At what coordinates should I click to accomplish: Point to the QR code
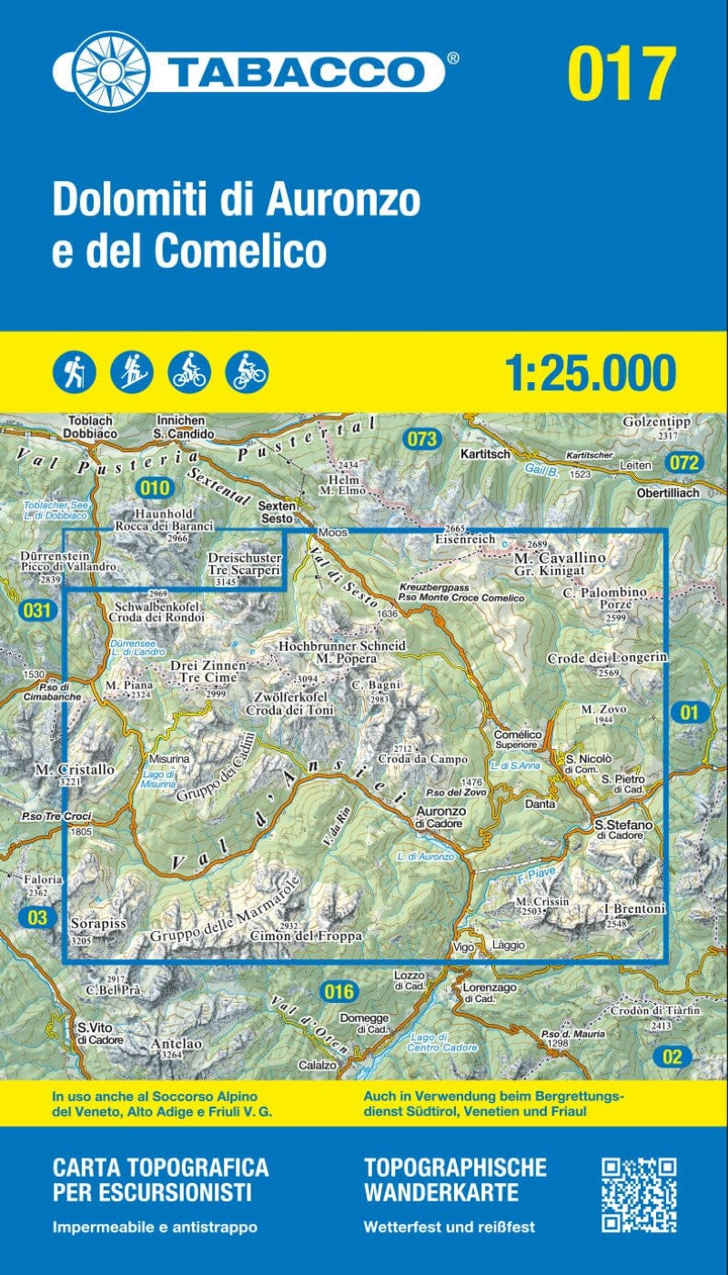[639, 1195]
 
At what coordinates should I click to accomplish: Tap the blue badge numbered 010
[156, 488]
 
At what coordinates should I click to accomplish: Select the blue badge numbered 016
[339, 991]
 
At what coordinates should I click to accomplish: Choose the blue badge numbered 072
[684, 463]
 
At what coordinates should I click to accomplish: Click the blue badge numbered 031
[36, 611]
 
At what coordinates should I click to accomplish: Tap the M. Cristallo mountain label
[75, 770]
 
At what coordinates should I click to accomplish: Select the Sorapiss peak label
[97, 923]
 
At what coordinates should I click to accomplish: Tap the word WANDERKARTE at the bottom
[441, 1192]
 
